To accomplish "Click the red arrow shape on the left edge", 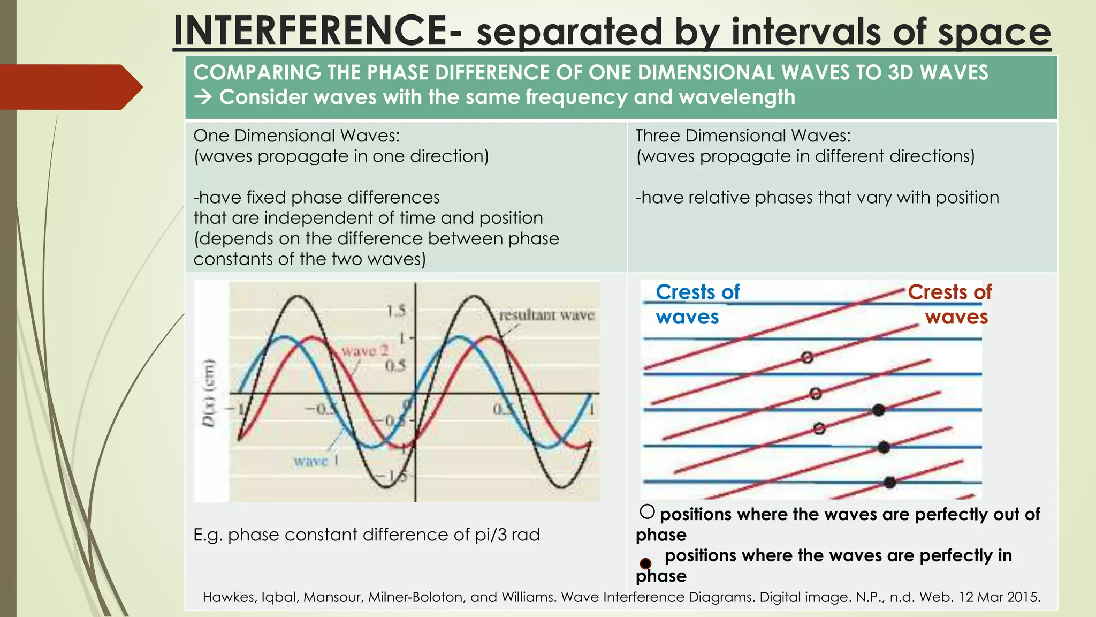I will [70, 87].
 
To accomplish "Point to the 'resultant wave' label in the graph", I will [546, 315].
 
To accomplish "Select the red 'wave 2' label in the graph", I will [365, 351].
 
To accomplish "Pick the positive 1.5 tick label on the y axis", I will [395, 311].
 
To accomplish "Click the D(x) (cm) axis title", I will [209, 393].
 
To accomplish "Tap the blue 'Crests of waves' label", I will [697, 304].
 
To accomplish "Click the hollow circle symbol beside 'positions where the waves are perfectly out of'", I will [647, 512].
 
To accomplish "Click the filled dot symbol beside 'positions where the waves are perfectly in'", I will [646, 563].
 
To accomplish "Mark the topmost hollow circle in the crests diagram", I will [808, 357].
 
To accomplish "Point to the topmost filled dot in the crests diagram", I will [878, 410].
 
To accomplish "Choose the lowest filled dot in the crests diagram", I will [889, 483].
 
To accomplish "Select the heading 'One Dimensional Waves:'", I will [296, 136].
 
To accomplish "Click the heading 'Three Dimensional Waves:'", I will [743, 136].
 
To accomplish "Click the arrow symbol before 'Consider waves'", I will [203, 97].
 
